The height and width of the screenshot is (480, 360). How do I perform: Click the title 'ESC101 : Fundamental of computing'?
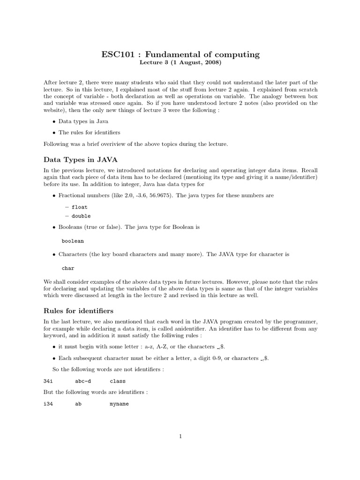pos(180,54)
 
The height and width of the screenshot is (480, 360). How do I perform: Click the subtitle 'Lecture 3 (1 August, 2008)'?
pos(180,62)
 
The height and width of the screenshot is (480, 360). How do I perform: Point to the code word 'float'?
pos(79,207)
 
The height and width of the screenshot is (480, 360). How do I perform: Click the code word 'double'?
pos(81,216)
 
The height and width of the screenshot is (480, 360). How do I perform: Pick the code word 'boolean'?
pos(73,241)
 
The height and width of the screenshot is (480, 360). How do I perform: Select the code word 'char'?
pos(68,268)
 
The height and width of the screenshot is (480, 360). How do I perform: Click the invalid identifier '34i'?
pos(48,381)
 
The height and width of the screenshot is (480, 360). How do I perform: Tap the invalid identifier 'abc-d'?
pos(82,381)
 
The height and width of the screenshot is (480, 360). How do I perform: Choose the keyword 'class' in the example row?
pos(118,381)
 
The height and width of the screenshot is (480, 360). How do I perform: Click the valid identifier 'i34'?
pos(48,403)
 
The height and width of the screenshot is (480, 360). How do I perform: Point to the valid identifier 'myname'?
pos(119,403)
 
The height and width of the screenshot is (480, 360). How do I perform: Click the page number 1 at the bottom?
pos(180,436)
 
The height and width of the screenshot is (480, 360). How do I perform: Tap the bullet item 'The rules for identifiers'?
pos(89,133)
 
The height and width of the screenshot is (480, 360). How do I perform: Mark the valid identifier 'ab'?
pos(78,403)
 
